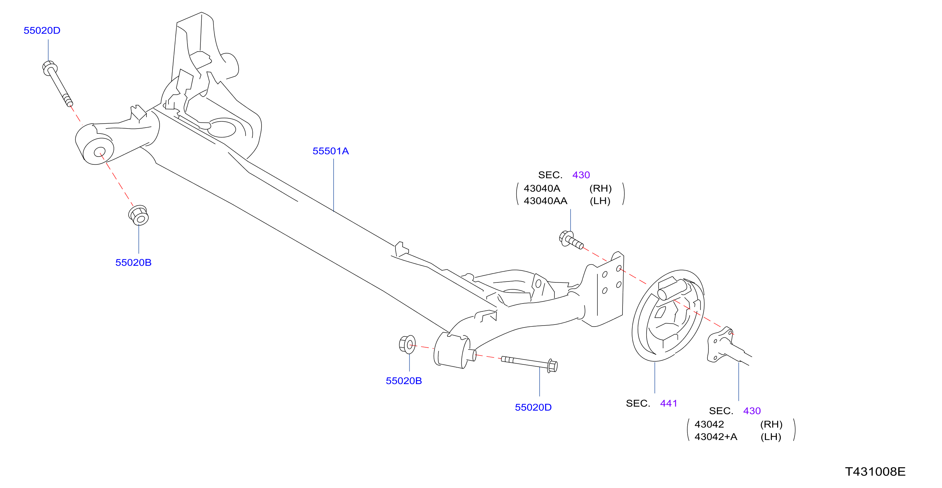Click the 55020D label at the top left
42,30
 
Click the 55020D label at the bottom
533,407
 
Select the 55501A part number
331,151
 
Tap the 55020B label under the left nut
133,262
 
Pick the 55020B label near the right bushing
404,381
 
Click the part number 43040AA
545,201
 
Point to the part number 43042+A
716,436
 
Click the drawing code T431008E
875,472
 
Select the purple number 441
669,403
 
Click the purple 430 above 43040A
581,175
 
